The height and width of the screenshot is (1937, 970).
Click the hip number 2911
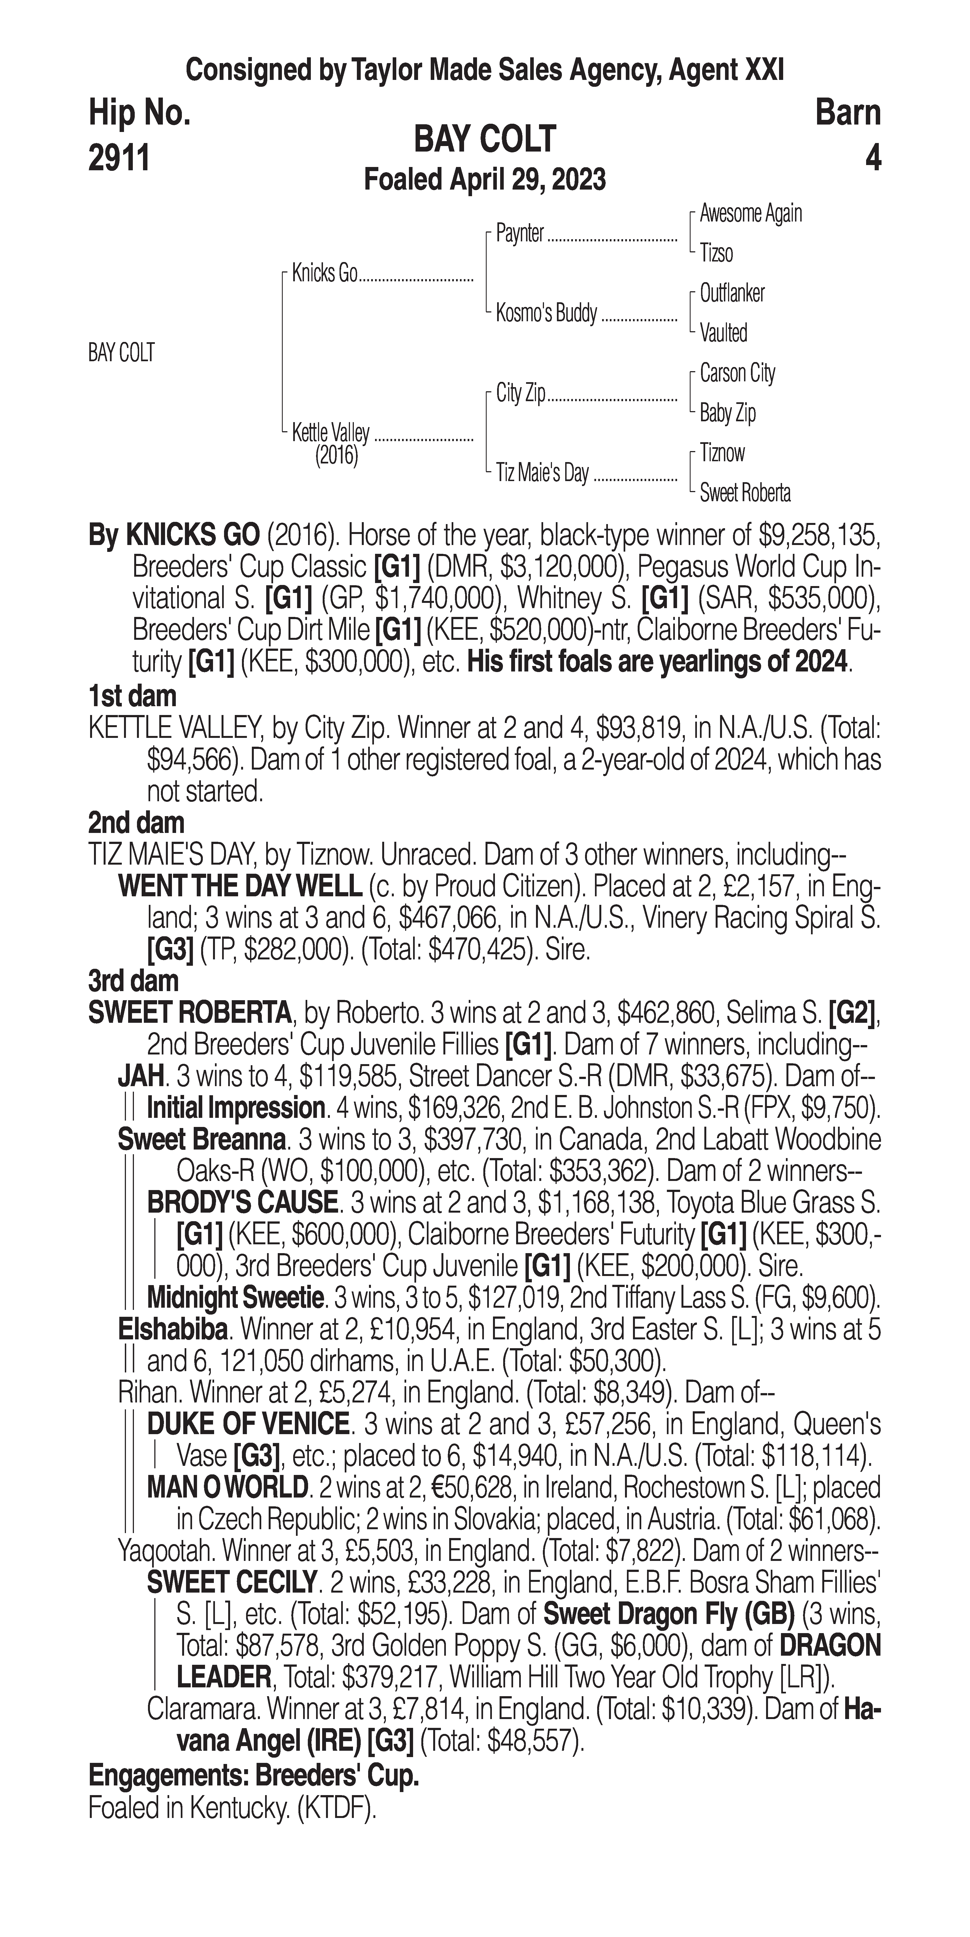(119, 159)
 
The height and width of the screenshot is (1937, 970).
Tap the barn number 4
(872, 159)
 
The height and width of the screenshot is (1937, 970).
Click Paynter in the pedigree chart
(520, 234)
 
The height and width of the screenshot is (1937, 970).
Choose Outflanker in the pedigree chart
(732, 293)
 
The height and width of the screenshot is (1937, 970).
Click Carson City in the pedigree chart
(737, 373)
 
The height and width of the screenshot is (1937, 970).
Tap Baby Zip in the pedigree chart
(727, 413)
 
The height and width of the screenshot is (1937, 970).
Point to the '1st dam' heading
(132, 696)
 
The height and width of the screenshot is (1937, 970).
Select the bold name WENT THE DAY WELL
(241, 887)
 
